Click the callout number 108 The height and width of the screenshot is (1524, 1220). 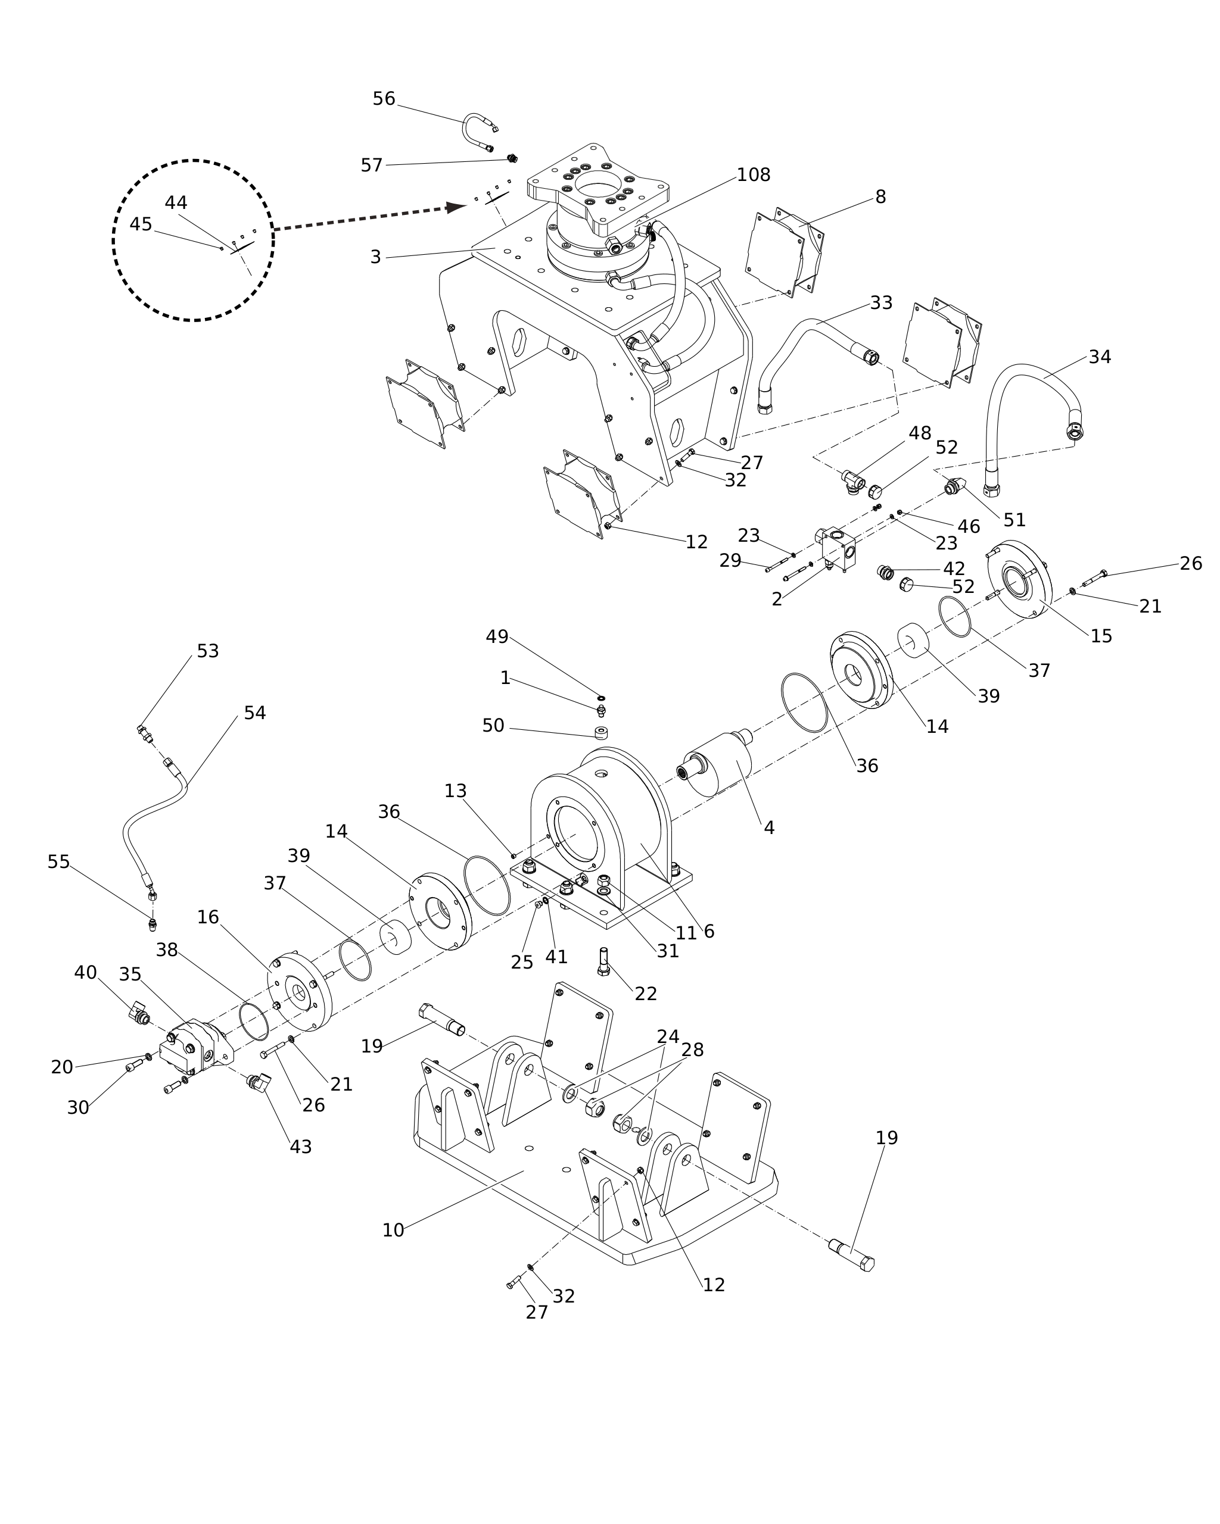pyautogui.click(x=753, y=174)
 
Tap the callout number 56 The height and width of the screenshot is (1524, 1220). pyautogui.click(x=384, y=99)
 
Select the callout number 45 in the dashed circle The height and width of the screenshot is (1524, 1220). pyautogui.click(x=141, y=224)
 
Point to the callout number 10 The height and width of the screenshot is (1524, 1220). pyautogui.click(x=393, y=1230)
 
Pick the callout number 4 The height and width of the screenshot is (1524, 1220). pyautogui.click(x=769, y=827)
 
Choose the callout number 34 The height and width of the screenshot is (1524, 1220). pyautogui.click(x=1100, y=357)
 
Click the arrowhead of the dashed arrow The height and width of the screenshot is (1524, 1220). pyautogui.click(x=456, y=207)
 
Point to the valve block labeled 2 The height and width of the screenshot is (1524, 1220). pyautogui.click(x=838, y=548)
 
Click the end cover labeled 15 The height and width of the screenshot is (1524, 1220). pyautogui.click(x=1019, y=580)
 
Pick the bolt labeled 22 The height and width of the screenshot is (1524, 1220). pyautogui.click(x=603, y=961)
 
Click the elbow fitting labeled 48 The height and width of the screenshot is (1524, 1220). pyautogui.click(x=853, y=483)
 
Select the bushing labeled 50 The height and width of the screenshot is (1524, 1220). pyautogui.click(x=602, y=732)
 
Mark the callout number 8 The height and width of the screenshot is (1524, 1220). pyautogui.click(x=880, y=197)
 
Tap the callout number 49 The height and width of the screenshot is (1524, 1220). pyautogui.click(x=497, y=637)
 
